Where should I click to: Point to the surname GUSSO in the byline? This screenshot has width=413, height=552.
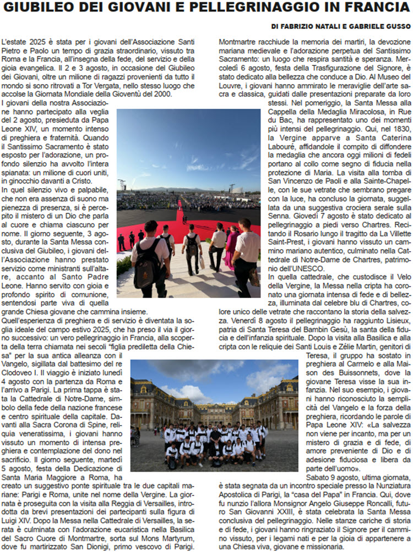(398, 26)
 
